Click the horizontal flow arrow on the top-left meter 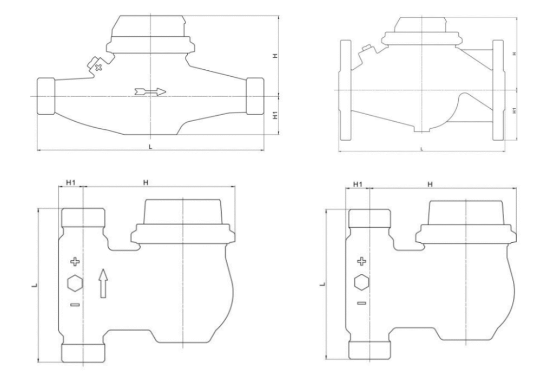pos(150,92)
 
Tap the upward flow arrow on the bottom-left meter pos(102,283)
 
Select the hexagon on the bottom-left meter pos(75,283)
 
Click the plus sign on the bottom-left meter pos(75,262)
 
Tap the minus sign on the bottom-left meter pos(75,304)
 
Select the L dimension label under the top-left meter pos(150,147)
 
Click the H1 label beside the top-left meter pos(276,115)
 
